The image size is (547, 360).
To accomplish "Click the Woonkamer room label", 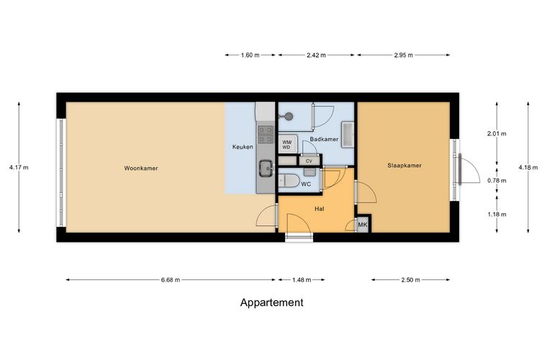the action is point(141,168).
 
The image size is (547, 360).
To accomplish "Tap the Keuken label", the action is point(243,147).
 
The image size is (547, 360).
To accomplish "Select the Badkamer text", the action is point(324,139).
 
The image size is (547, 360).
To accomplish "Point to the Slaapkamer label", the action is point(404,166).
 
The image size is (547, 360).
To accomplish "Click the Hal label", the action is point(319,209).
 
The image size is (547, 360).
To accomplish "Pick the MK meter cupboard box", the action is point(363,225).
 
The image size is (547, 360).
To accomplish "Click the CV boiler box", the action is point(309,161).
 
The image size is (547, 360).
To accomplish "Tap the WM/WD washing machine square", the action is point(287,145).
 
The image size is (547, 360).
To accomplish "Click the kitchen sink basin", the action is point(266,168).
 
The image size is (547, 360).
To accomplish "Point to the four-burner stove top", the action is point(265,135).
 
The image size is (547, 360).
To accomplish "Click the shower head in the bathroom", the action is point(289,117).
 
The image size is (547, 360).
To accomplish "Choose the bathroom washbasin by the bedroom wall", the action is point(348,134).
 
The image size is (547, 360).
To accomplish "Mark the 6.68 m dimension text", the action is point(171,280).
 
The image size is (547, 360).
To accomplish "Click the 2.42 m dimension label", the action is point(316,55).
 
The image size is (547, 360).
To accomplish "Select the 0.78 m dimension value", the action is point(497,181).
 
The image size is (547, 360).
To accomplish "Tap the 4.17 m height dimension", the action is point(19,168).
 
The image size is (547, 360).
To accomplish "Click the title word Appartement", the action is point(272,302).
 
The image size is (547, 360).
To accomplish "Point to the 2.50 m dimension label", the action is point(410,280).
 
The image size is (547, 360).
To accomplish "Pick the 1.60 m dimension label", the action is point(250,55).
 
